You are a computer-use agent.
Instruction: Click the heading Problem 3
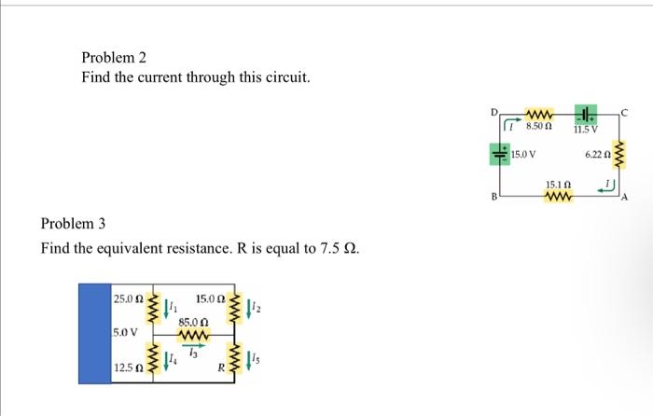click(x=74, y=224)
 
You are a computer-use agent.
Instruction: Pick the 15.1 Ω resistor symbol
click(x=558, y=198)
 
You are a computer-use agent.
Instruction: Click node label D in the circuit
click(x=494, y=112)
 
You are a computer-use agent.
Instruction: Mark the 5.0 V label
click(x=126, y=332)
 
